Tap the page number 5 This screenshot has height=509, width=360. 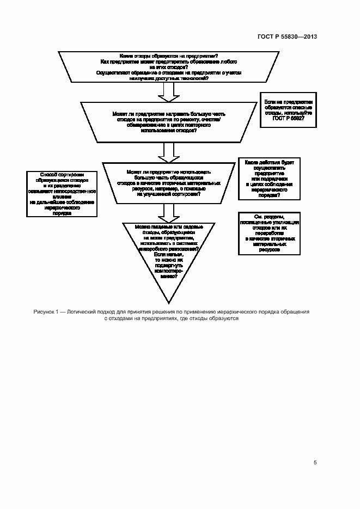click(x=315, y=463)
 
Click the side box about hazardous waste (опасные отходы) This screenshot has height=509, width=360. click(x=288, y=113)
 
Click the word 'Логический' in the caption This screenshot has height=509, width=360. click(x=86, y=312)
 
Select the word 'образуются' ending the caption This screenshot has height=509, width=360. click(x=222, y=319)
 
